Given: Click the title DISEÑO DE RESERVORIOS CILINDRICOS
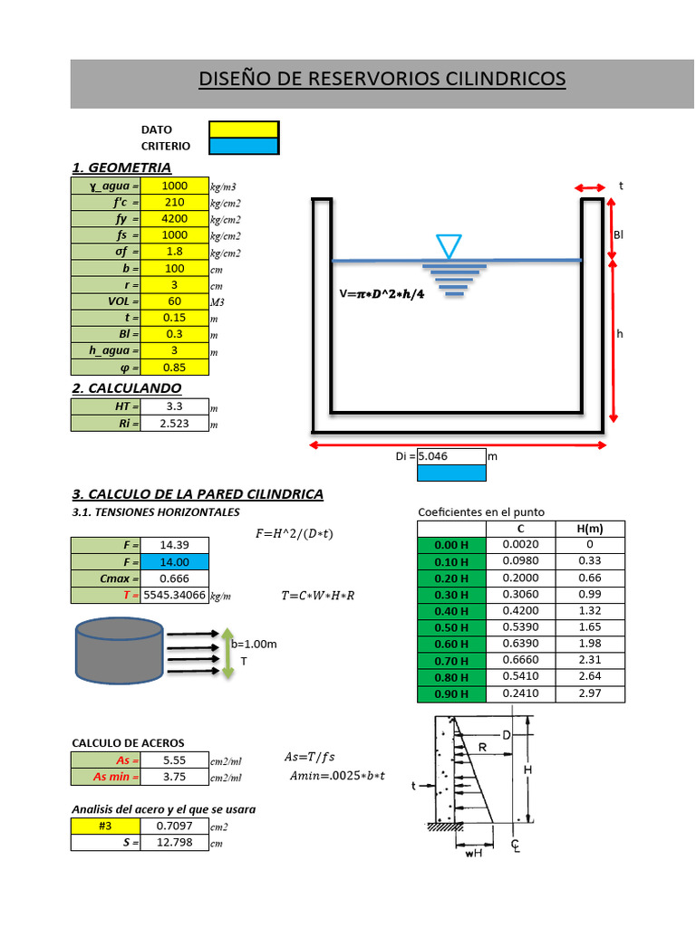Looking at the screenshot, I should [382, 80].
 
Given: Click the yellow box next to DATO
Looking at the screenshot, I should [244, 129].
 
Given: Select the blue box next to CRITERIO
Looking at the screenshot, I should [244, 146].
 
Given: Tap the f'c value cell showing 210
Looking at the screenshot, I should [175, 203].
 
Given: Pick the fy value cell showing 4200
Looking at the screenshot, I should [175, 219].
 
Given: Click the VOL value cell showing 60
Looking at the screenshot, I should [175, 301].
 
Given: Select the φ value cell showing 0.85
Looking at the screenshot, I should [175, 368].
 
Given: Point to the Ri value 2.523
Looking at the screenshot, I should [175, 423].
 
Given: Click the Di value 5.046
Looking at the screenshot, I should [450, 456].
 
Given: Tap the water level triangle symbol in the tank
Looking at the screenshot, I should [449, 245].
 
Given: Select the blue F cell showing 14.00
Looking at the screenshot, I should [175, 562].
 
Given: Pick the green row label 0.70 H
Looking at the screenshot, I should [451, 661].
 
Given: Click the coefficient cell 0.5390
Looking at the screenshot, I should [520, 627].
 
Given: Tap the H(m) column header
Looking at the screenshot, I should [589, 529].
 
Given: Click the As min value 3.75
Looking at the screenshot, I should [175, 777].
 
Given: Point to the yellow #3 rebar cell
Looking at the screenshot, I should [106, 826].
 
